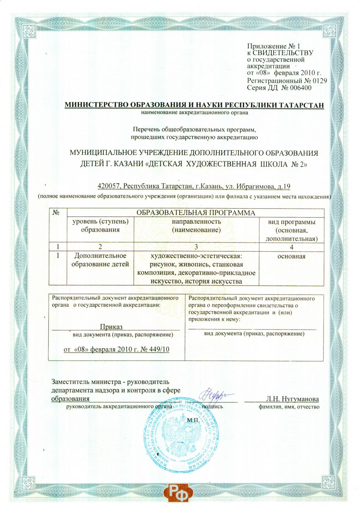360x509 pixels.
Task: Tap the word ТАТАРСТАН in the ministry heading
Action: [x=298, y=105]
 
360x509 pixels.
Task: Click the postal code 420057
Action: [x=109, y=186]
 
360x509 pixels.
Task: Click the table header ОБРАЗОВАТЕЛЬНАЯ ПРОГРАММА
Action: [x=196, y=213]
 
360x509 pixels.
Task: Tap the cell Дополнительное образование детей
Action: [x=100, y=260]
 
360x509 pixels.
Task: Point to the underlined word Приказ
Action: [x=111, y=327]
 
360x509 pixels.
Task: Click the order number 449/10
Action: [x=164, y=349]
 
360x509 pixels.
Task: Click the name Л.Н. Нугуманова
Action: [x=292, y=399]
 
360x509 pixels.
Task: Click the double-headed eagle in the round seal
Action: [x=180, y=441]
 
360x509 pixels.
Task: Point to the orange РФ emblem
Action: [x=180, y=495]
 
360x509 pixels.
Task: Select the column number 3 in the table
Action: [x=196, y=246]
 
